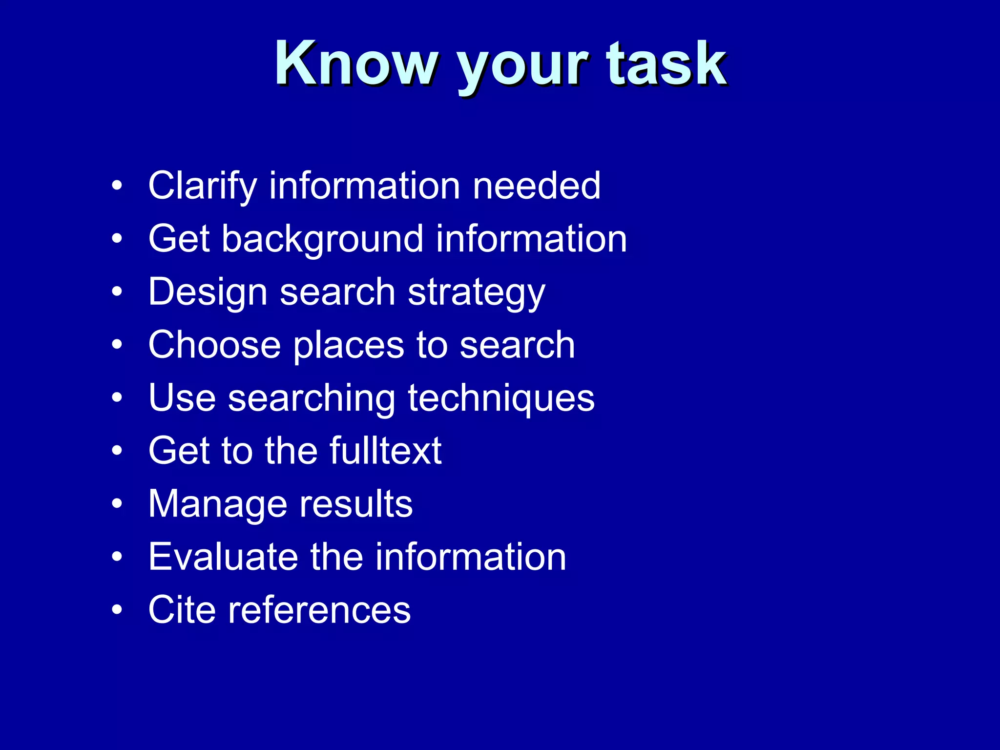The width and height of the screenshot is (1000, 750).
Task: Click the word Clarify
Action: (202, 187)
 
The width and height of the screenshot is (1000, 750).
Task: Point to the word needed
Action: (537, 186)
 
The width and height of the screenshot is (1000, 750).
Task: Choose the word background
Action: (322, 239)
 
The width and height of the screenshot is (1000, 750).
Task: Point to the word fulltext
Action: (385, 451)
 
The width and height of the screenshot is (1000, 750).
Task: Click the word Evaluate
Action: (223, 557)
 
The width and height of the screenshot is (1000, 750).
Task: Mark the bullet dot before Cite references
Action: (117, 609)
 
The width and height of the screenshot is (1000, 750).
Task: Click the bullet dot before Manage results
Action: (117, 503)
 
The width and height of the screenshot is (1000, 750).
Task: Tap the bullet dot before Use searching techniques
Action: (117, 397)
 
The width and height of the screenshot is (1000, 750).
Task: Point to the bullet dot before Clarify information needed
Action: (117, 186)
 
